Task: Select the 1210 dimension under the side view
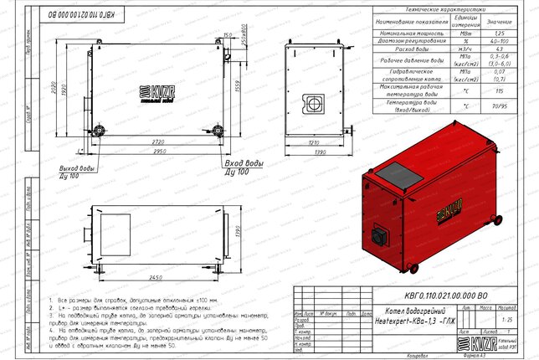click(314, 143)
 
